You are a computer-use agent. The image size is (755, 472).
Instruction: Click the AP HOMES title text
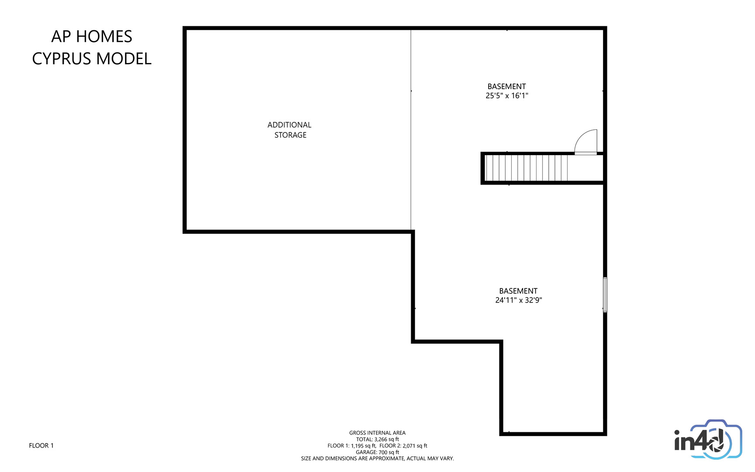point(92,37)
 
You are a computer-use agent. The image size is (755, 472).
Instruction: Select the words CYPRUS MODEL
point(92,59)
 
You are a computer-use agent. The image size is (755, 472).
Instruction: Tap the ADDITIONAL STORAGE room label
point(290,130)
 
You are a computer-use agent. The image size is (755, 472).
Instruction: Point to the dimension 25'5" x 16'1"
point(507,96)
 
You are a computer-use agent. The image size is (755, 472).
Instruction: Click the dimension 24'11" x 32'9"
point(519,300)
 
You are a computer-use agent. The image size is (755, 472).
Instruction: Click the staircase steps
point(526,168)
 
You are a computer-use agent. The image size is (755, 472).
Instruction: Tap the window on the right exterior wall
point(605,295)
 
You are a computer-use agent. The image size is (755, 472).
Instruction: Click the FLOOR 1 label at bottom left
point(41,446)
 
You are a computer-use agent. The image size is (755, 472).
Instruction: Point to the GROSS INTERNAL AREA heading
point(377,433)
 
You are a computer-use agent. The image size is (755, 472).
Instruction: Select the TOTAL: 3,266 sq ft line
point(377,440)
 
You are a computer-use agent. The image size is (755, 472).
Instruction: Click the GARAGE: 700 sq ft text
point(377,452)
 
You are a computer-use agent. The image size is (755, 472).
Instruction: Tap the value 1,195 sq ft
point(364,446)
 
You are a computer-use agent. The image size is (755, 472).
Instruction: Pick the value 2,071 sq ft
point(415,446)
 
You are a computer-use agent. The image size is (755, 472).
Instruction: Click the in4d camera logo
point(708,440)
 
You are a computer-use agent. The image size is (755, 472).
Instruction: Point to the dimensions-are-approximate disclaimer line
point(377,458)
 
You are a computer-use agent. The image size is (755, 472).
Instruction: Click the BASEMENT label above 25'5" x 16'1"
point(507,87)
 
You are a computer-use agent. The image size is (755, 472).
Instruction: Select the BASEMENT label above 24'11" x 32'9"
point(519,291)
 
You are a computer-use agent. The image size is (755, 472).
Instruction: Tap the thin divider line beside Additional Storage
point(411,130)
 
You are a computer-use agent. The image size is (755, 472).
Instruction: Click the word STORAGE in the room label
point(291,135)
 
